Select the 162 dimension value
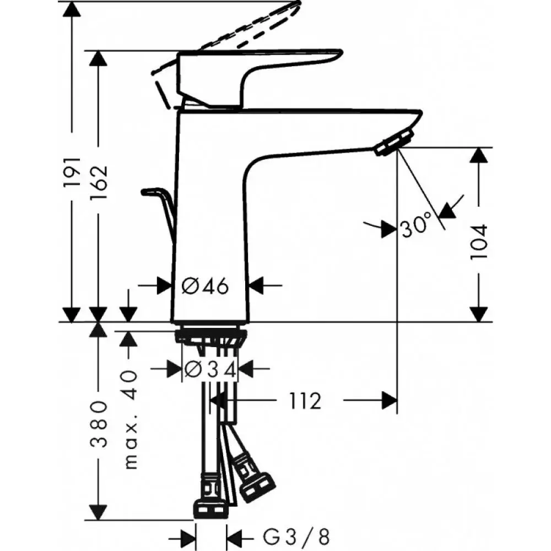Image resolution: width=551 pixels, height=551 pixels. click(x=99, y=182)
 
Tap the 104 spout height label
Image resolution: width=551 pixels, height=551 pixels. click(x=479, y=242)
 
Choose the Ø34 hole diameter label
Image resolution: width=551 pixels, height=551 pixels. click(x=210, y=369)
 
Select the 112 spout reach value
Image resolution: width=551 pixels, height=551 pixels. click(x=305, y=401)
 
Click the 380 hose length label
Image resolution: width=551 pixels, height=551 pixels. click(x=99, y=424)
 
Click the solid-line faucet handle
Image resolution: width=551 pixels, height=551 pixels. click(x=259, y=78)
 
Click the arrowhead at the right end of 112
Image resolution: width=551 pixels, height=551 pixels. click(x=390, y=401)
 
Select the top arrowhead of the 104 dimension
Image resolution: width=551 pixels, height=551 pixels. click(x=479, y=155)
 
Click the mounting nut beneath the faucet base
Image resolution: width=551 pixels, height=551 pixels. click(x=210, y=336)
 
